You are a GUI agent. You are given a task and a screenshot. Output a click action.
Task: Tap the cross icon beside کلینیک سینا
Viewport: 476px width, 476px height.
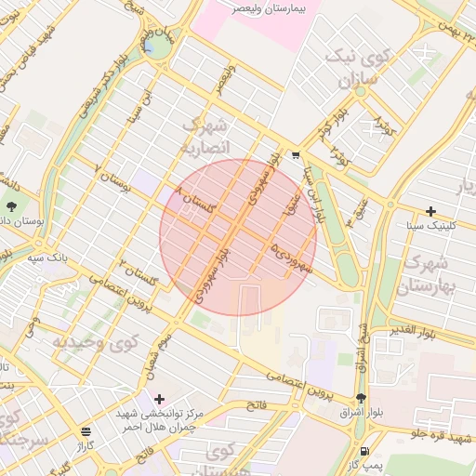pos(430,212)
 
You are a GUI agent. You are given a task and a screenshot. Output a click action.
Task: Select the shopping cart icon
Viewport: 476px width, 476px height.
pos(296,155)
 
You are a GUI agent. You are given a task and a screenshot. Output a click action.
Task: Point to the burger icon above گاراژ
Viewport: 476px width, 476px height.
pos(86,431)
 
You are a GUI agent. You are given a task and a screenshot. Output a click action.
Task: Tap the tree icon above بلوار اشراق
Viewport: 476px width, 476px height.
pos(362,399)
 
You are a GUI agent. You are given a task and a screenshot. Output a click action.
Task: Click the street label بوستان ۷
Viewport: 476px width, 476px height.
pos(112,177)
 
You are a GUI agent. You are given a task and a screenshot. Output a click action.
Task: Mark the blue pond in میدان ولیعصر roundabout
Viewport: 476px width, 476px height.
pos(149,46)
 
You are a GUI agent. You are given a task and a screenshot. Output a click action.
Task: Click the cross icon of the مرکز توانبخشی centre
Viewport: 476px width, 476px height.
pos(159,398)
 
